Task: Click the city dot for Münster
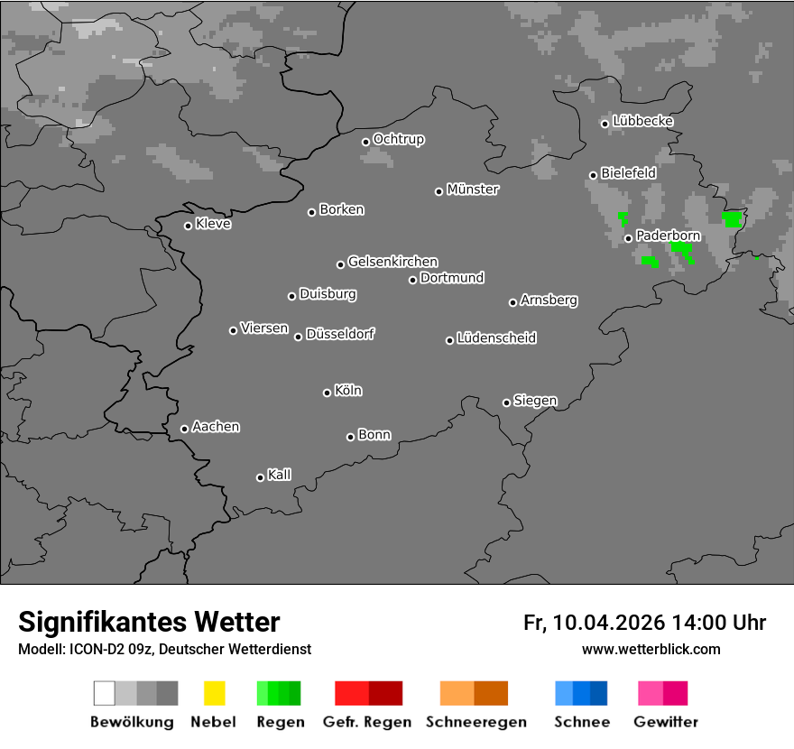[439, 191]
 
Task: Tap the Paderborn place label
[668, 236]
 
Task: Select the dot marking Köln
[328, 393]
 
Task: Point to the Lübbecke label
[642, 121]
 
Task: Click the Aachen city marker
[185, 429]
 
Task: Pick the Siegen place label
[535, 401]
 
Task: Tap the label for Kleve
[213, 224]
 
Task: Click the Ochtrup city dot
[366, 142]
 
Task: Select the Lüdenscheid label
[496, 338]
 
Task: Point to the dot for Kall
[261, 477]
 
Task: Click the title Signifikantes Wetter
[149, 622]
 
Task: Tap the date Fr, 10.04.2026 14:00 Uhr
[644, 623]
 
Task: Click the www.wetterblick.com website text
[651, 649]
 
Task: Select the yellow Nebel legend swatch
[214, 693]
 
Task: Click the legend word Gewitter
[666, 722]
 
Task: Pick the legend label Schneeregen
[476, 722]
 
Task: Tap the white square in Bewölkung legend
[105, 693]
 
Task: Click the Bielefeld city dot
[594, 175]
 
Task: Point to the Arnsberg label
[549, 301]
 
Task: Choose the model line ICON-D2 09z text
[164, 649]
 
